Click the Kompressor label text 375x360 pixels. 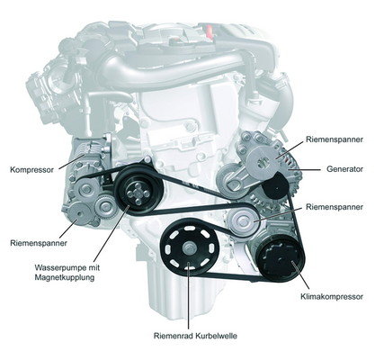point(31,170)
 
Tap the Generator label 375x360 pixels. point(344,169)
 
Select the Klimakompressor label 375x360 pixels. point(332,297)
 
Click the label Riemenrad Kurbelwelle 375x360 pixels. point(195,336)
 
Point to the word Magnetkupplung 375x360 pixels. point(65,277)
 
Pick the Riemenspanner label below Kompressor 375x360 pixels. point(39,243)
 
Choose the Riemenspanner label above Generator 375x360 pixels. point(335,139)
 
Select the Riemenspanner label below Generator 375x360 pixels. point(335,207)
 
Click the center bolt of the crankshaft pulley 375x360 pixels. point(190,248)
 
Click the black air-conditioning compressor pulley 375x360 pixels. point(281,258)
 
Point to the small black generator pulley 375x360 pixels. point(275,186)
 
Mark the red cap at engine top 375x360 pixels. point(209,31)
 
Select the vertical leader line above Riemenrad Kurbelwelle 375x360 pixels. point(188,296)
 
